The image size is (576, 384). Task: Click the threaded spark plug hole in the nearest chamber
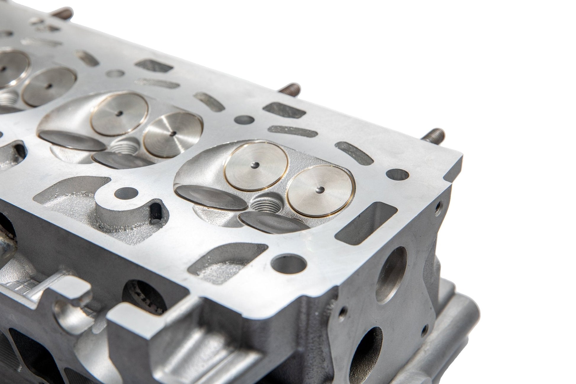263,204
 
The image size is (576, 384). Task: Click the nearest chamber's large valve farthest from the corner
256,168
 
